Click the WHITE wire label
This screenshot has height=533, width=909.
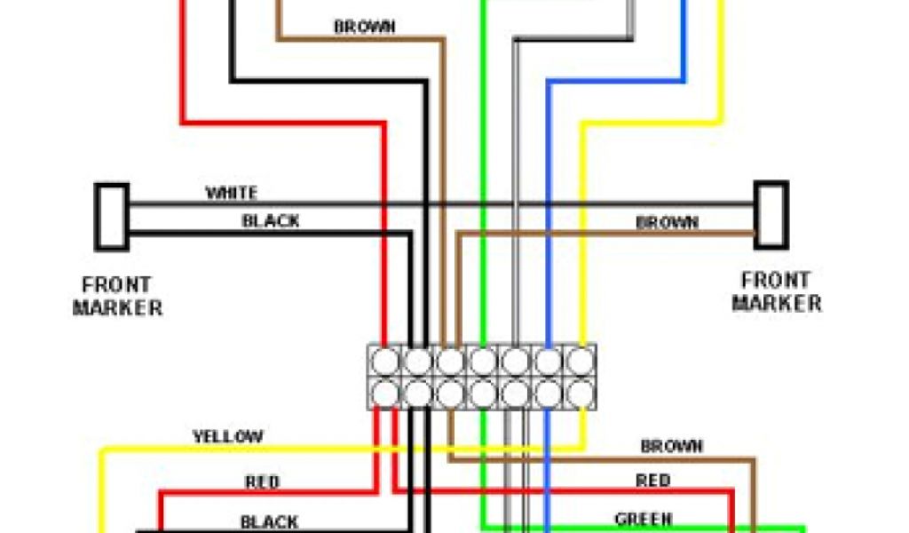click(x=232, y=193)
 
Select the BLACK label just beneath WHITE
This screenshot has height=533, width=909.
click(x=271, y=221)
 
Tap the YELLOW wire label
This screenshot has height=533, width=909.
click(x=228, y=436)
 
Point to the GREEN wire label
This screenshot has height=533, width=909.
click(x=643, y=519)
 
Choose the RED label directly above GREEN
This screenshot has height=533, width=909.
click(x=652, y=481)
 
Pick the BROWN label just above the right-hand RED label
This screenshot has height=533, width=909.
click(x=672, y=446)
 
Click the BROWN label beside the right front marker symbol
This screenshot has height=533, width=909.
click(x=668, y=223)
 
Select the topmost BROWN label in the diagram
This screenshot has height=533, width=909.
click(x=364, y=27)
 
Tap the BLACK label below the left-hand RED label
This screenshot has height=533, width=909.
click(x=269, y=521)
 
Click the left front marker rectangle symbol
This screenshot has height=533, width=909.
click(x=112, y=216)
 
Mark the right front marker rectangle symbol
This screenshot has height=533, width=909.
click(x=771, y=215)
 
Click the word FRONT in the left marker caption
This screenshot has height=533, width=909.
click(x=116, y=286)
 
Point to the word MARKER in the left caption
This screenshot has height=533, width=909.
click(x=117, y=308)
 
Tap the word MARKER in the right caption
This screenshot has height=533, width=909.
click(x=777, y=303)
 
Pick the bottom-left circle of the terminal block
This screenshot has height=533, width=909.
click(x=386, y=392)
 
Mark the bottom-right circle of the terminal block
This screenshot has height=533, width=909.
click(x=580, y=392)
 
